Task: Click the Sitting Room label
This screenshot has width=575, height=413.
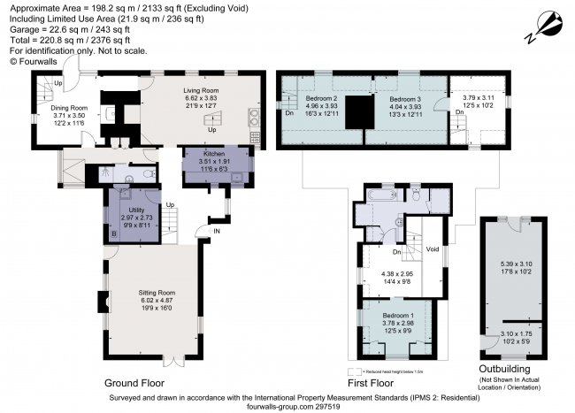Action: pyautogui.click(x=157, y=292)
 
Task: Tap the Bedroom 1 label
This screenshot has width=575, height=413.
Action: pyautogui.click(x=397, y=316)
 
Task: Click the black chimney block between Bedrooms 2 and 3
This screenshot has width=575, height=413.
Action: pyautogui.click(x=357, y=111)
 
